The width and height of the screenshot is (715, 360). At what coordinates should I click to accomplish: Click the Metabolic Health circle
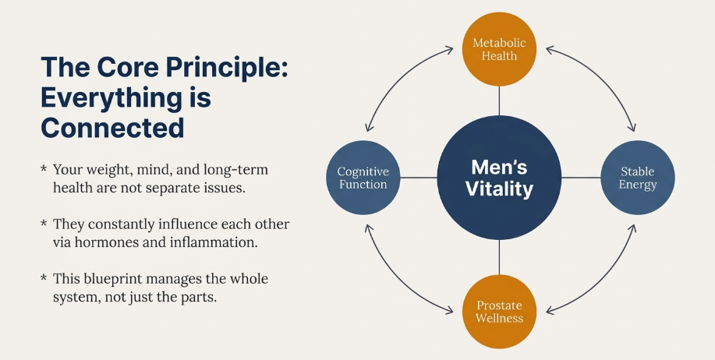[x=499, y=49]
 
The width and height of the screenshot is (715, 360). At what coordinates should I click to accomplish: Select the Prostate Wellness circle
[x=499, y=312]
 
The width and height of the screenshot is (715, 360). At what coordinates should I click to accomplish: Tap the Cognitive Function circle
[x=363, y=178]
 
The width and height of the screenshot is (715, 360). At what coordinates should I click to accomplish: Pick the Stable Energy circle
[x=638, y=178]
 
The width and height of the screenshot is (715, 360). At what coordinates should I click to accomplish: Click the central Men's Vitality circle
[x=499, y=178]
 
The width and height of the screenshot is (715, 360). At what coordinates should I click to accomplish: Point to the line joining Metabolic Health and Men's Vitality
[x=499, y=101]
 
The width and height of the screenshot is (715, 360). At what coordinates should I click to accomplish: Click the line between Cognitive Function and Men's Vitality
[x=419, y=178]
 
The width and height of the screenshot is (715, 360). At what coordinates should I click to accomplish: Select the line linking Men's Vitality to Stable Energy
[x=581, y=178]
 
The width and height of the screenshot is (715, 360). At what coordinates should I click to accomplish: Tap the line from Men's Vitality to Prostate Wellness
[x=499, y=257]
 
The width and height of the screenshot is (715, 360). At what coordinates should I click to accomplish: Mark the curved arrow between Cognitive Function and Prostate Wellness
[x=396, y=281]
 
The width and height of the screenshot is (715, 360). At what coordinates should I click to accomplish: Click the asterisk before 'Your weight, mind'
[x=44, y=169]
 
